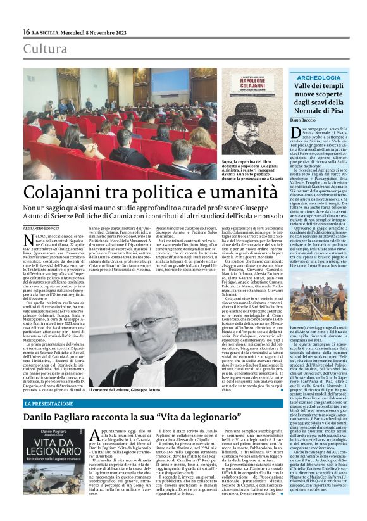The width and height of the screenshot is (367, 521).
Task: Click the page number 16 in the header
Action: point(27,32)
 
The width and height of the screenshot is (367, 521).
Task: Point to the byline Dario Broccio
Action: point(306,119)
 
